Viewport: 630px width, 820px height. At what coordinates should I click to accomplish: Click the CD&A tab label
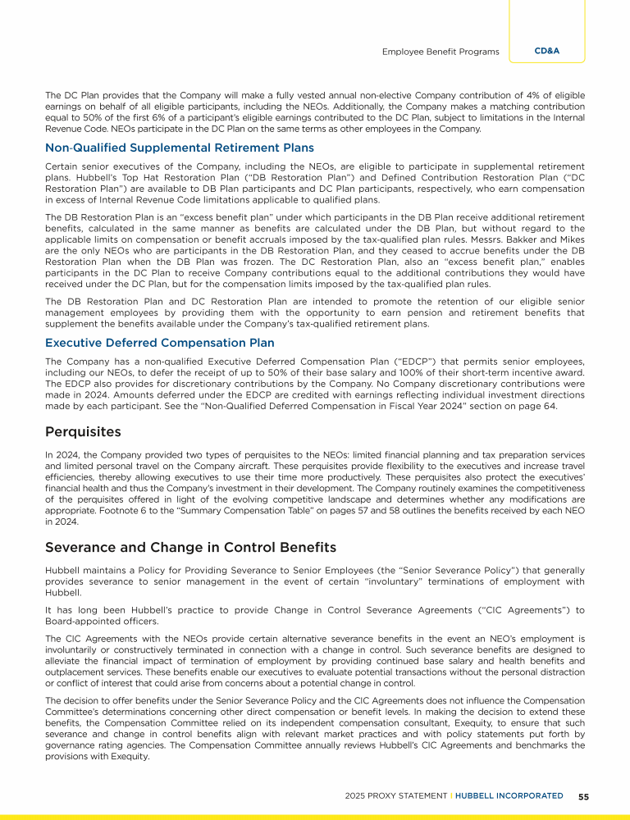click(x=546, y=51)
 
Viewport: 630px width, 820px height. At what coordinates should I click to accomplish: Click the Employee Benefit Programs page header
click(x=441, y=52)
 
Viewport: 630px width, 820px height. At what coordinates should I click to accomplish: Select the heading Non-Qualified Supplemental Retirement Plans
click(x=180, y=148)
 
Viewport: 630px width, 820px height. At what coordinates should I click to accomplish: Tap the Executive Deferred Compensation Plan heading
click(x=160, y=343)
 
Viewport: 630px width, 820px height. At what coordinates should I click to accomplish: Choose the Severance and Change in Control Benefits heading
click(x=190, y=546)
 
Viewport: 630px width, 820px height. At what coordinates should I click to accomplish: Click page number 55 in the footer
click(x=583, y=795)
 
